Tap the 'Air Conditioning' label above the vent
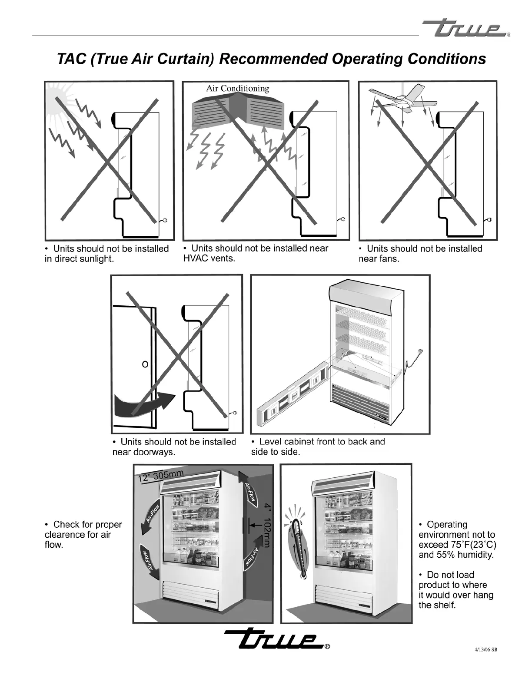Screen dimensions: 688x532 click(237, 89)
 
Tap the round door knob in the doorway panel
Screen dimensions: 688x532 click(145, 363)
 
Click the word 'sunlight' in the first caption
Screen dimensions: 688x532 click(94, 259)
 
